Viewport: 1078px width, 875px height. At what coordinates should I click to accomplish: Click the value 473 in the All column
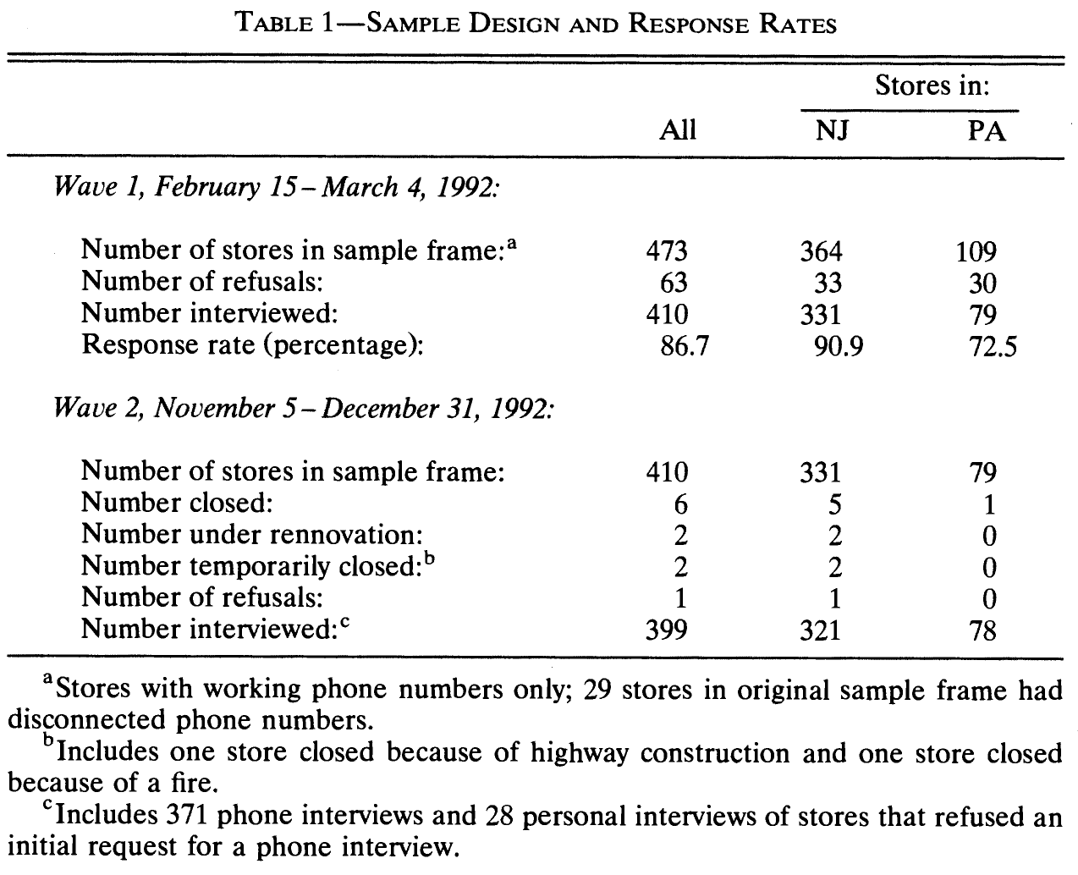tap(667, 251)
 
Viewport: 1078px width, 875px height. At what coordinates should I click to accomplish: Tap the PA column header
tap(987, 131)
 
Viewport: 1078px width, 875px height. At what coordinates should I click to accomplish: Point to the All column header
tap(678, 131)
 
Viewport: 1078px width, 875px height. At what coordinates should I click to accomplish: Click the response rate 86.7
tap(683, 346)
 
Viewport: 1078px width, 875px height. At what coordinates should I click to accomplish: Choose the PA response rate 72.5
tap(993, 346)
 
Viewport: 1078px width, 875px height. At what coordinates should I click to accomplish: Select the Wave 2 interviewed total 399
tap(667, 630)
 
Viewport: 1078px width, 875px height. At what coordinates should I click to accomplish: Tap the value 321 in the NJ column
tap(820, 630)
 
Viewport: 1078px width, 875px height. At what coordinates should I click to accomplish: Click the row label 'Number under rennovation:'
tap(251, 535)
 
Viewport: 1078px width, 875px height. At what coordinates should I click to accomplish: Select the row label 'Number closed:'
tap(177, 504)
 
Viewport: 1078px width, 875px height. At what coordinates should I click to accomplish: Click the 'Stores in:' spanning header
tap(932, 86)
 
